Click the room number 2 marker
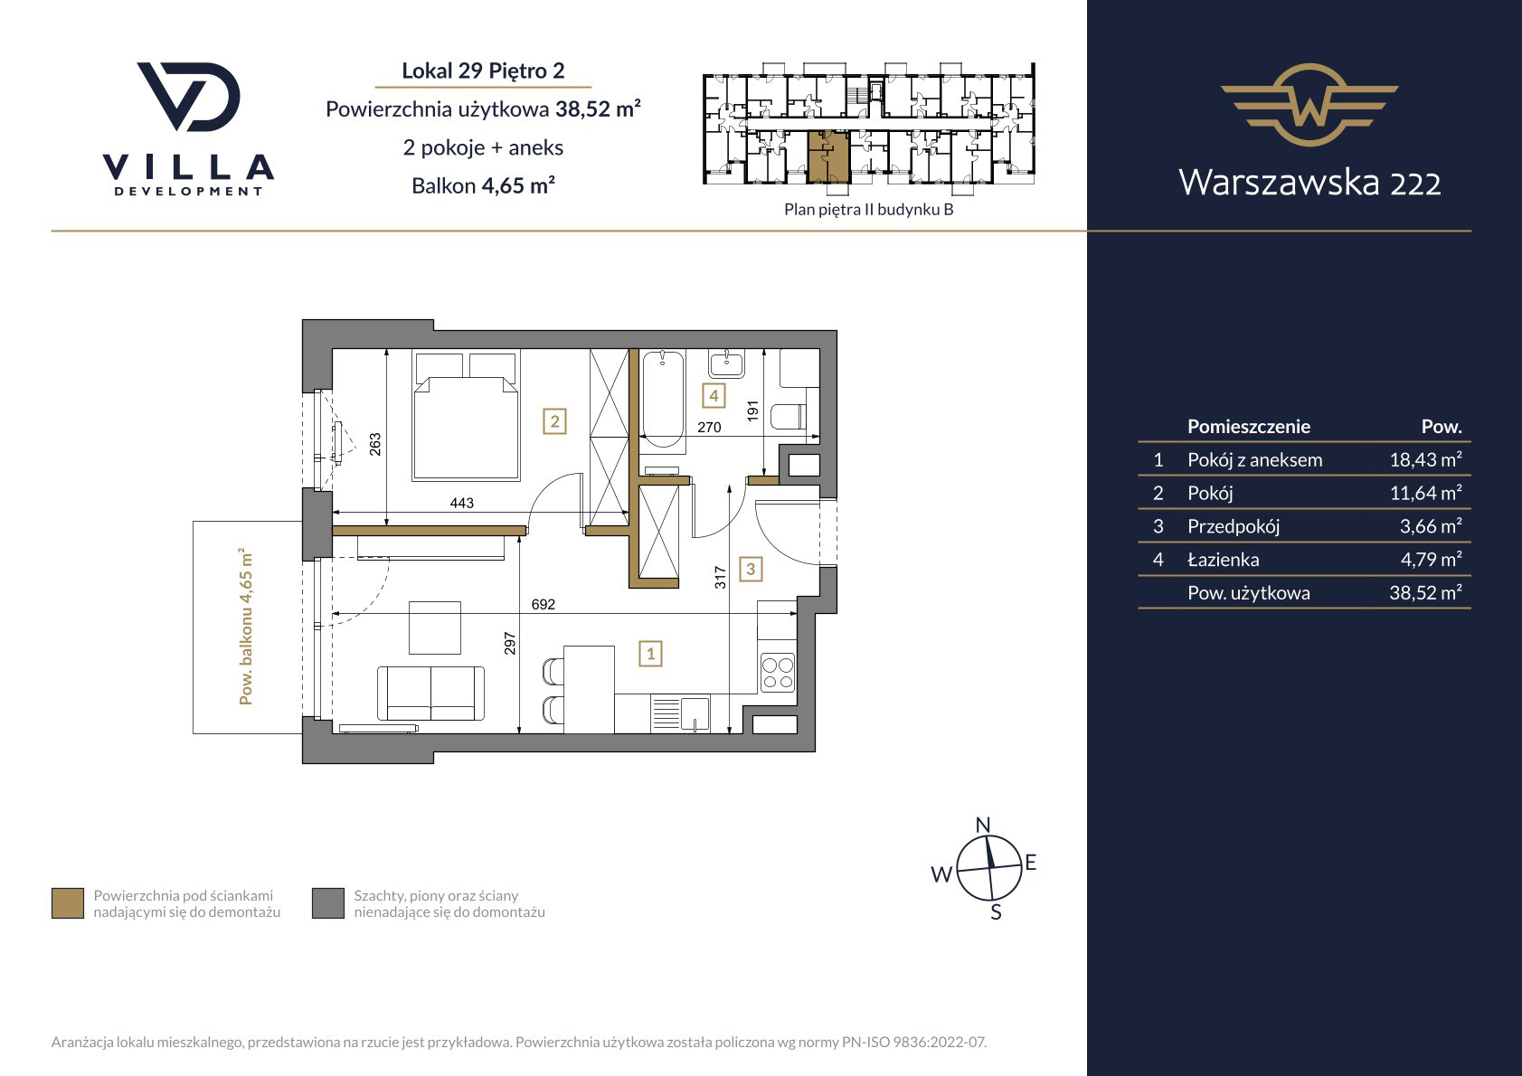point(554,422)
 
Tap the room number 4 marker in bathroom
point(714,395)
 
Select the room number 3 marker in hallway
point(751,570)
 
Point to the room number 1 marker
point(650,654)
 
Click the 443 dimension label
point(462,503)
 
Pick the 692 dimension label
point(544,604)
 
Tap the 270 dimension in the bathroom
point(709,428)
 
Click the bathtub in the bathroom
point(663,398)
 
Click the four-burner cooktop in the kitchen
point(778,673)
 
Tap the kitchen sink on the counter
point(680,714)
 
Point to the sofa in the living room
point(430,693)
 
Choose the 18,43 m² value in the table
point(1425,460)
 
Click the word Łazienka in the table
point(1223,560)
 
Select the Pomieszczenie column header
point(1249,427)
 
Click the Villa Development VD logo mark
point(189,97)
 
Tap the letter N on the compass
point(983,825)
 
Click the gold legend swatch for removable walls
point(68,903)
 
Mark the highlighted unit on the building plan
point(828,157)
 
